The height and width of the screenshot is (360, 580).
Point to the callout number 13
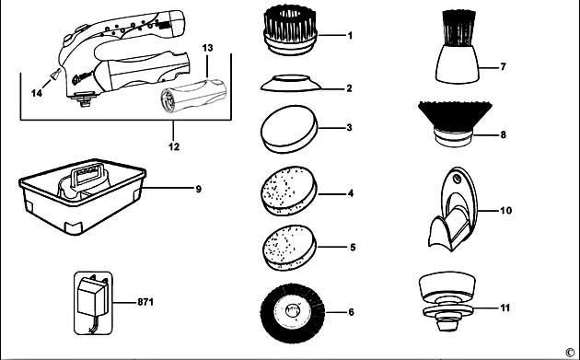click(x=207, y=46)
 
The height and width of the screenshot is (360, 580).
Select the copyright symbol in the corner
click(x=570, y=351)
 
